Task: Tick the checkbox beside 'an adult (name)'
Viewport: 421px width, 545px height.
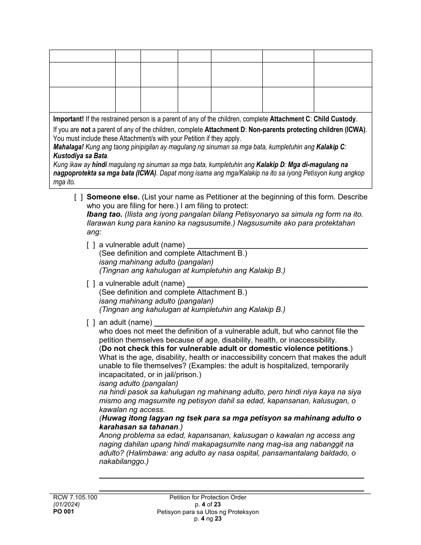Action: [x=90, y=323]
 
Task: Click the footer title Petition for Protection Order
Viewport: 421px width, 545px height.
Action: [x=207, y=498]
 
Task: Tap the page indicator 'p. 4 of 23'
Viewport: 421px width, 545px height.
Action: [x=207, y=505]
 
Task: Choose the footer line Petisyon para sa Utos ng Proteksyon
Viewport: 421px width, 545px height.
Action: [x=207, y=512]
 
